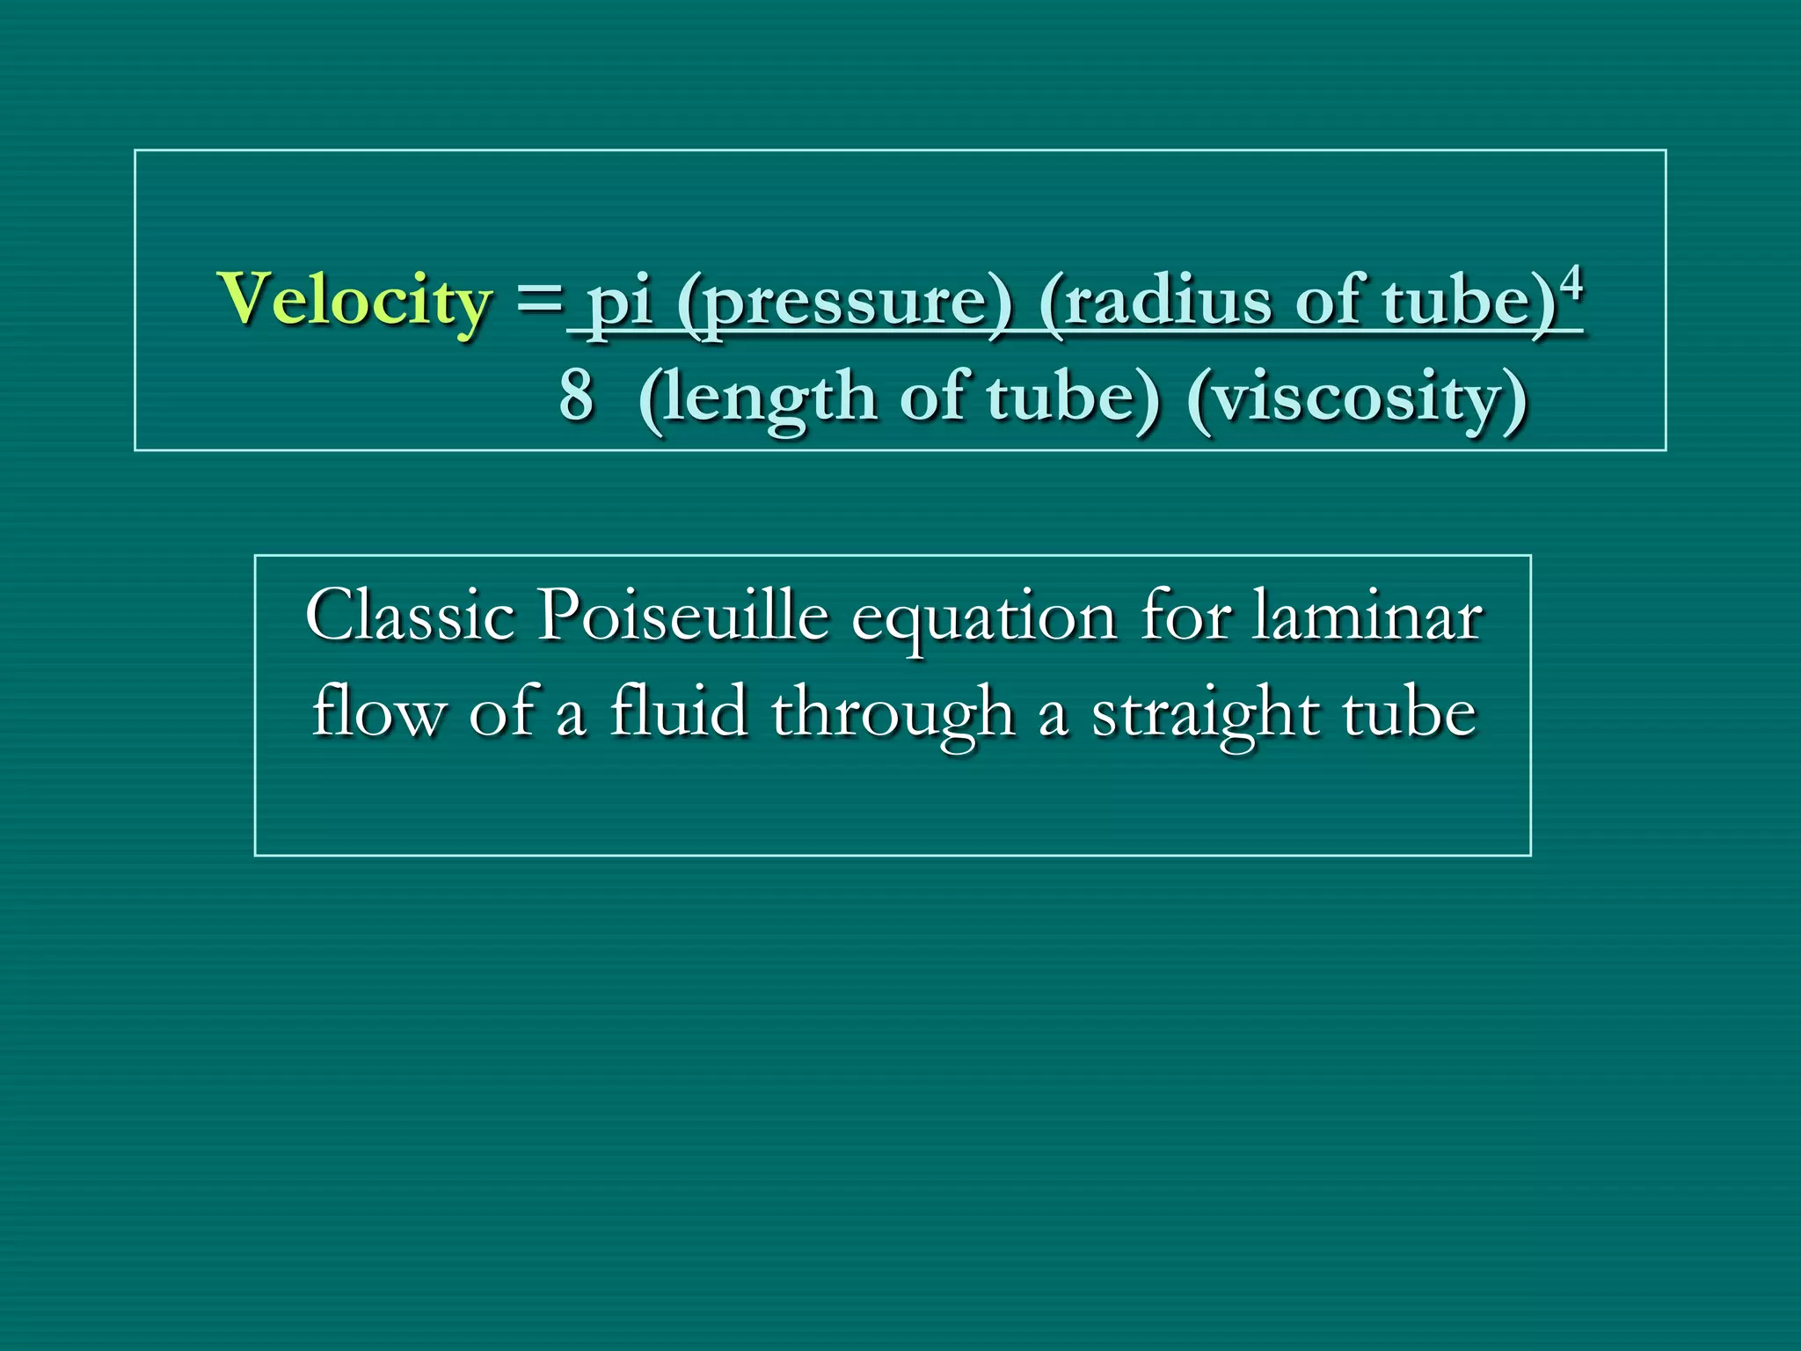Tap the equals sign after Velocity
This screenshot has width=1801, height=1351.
pos(538,299)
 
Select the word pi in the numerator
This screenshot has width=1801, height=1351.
pos(620,303)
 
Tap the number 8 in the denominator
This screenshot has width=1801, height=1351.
pos(577,397)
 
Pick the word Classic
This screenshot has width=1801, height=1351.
pos(410,616)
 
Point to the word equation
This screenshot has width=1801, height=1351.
pos(984,620)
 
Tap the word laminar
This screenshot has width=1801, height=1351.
pos(1367,616)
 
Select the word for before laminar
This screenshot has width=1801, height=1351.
pos(1184,616)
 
